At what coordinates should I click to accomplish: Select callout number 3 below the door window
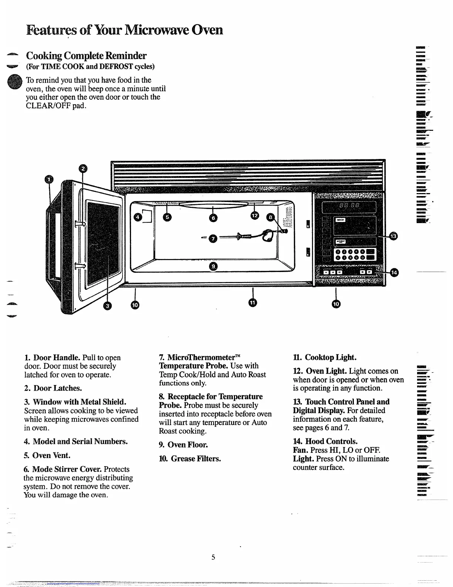click(x=107, y=305)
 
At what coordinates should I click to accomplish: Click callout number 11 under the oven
click(x=252, y=302)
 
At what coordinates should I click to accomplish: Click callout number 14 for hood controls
click(x=394, y=272)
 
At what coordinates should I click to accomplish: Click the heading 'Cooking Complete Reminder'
click(x=86, y=56)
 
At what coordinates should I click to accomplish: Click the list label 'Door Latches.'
click(x=57, y=388)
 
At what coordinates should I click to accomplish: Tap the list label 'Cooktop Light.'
click(x=330, y=357)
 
